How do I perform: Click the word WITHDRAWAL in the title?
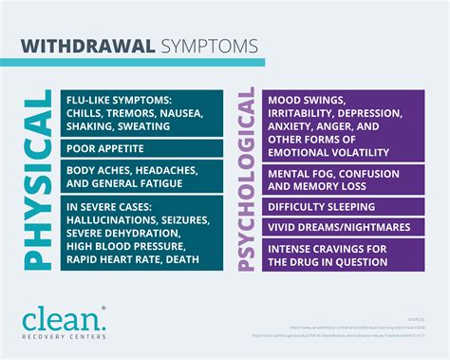87,45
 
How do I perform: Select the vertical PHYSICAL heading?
36,180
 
